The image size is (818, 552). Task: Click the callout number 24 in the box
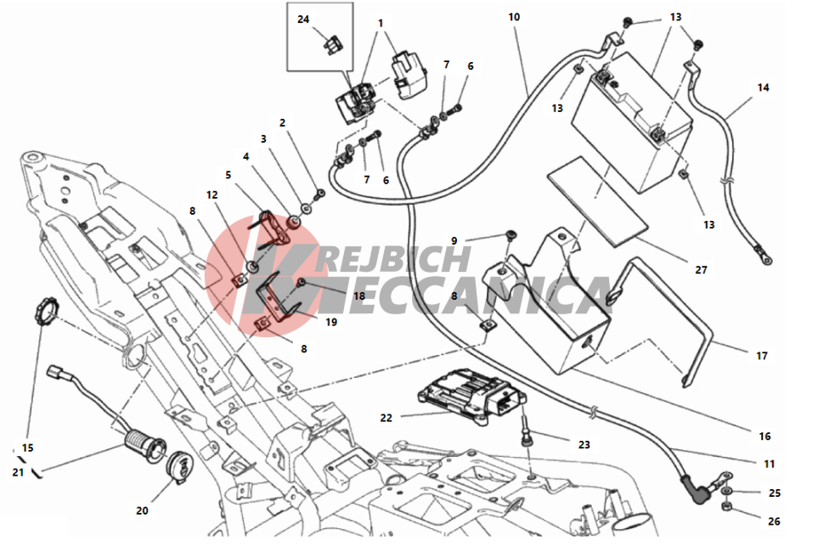click(x=303, y=20)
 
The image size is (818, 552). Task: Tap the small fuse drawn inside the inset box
click(x=332, y=46)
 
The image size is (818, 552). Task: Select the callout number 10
click(x=514, y=17)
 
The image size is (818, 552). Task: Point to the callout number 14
click(x=763, y=87)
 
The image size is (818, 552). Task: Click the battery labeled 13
click(x=632, y=125)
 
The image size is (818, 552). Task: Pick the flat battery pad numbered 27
click(x=597, y=201)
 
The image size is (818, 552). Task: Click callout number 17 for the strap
click(x=762, y=356)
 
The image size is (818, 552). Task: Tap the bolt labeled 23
click(x=526, y=431)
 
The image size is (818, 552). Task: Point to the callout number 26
click(x=774, y=521)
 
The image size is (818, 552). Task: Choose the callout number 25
click(x=774, y=493)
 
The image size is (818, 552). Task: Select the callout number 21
click(x=18, y=472)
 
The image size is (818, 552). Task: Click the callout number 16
click(x=764, y=437)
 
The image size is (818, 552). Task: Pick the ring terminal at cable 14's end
click(x=764, y=258)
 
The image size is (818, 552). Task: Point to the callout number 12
click(x=212, y=195)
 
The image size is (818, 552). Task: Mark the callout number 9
click(x=454, y=241)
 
